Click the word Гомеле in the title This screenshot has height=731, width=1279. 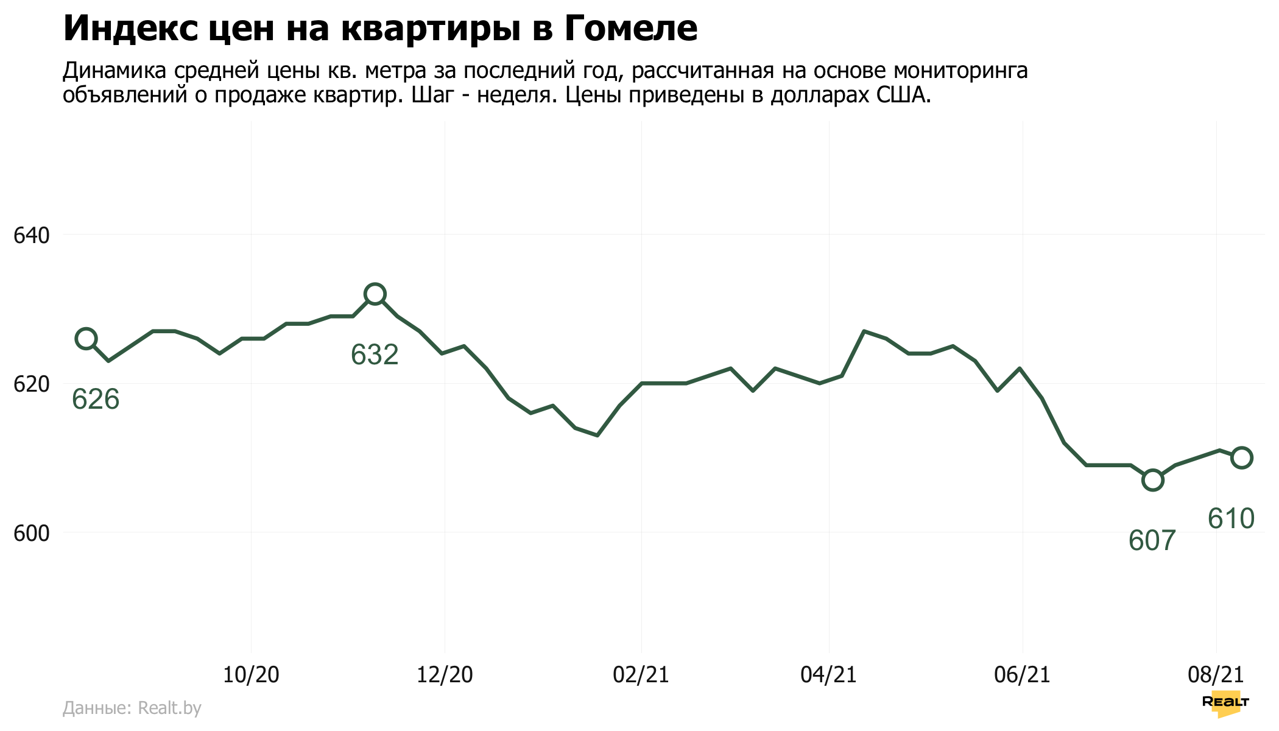click(x=630, y=29)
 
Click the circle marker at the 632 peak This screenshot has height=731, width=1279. click(x=375, y=294)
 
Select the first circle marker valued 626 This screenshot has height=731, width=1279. click(x=86, y=339)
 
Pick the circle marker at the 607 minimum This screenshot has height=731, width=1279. click(x=1152, y=480)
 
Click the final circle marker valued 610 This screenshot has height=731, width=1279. click(x=1241, y=457)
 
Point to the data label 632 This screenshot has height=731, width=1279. click(x=375, y=355)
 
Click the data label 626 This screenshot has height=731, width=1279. click(x=96, y=400)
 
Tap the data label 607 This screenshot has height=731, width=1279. click(x=1152, y=540)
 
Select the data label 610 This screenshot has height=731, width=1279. click(x=1231, y=518)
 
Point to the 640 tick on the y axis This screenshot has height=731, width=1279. click(x=31, y=235)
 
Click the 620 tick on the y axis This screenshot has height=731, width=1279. click(x=31, y=384)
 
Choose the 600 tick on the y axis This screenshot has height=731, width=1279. click(x=31, y=534)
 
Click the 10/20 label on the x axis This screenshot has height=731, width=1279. click(x=251, y=674)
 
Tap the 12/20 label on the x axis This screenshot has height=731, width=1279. click(x=445, y=674)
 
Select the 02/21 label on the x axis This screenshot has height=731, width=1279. click(x=641, y=674)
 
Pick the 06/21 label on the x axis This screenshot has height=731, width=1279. click(x=1022, y=674)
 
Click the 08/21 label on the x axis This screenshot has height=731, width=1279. click(x=1216, y=674)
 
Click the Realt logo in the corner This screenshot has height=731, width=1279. click(x=1225, y=703)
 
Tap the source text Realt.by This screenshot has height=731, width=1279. click(x=169, y=708)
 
